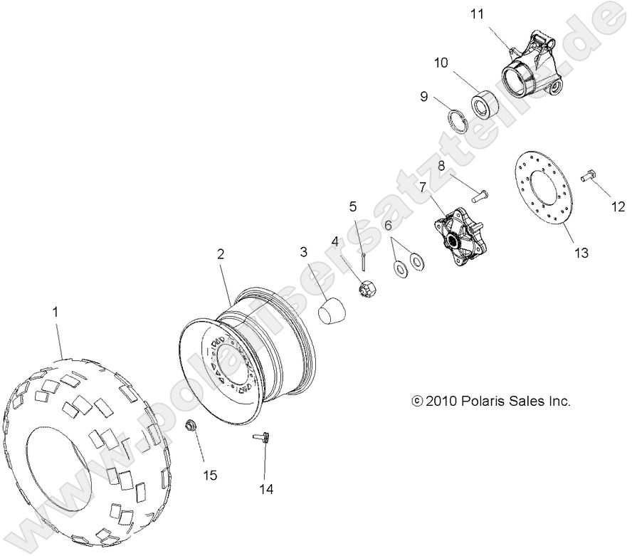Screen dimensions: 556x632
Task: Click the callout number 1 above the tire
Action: click(x=56, y=311)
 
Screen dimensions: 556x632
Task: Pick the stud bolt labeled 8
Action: click(x=481, y=192)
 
